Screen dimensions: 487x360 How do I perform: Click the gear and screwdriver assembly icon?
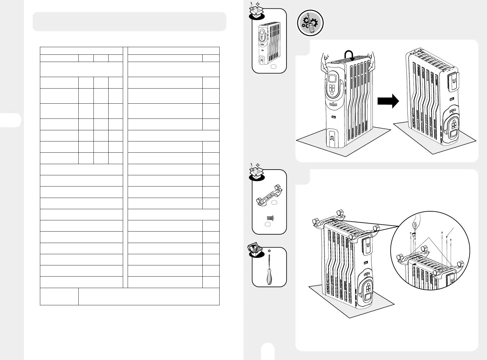(310, 23)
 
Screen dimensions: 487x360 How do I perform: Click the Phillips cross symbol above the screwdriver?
(269, 251)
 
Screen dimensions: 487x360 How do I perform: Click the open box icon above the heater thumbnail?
(256, 11)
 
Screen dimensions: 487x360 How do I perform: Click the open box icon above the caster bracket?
(256, 173)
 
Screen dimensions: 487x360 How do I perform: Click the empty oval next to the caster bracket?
(274, 203)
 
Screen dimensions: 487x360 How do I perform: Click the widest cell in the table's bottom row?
(149, 297)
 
